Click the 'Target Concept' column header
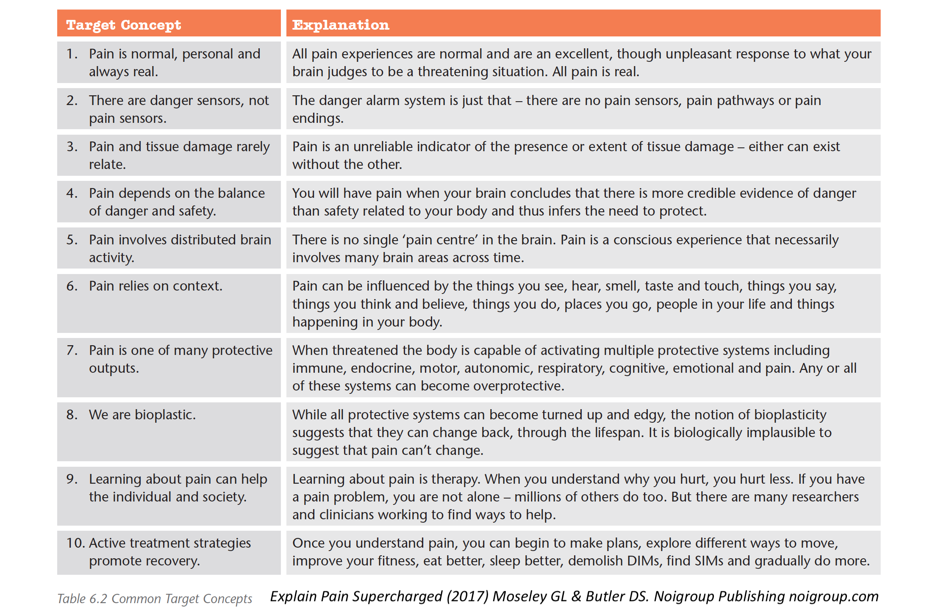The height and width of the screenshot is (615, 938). pyautogui.click(x=123, y=25)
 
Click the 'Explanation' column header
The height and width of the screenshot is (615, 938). pyautogui.click(x=341, y=25)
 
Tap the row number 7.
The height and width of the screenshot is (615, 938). pyautogui.click(x=72, y=350)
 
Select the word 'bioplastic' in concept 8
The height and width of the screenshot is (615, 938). pyautogui.click(x=164, y=415)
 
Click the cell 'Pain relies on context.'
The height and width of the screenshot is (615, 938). pyautogui.click(x=155, y=286)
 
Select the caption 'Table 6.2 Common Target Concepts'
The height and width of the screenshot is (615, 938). pyautogui.click(x=155, y=598)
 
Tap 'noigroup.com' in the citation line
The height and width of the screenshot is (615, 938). pyautogui.click(x=833, y=596)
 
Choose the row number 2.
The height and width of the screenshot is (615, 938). pyautogui.click(x=72, y=100)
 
